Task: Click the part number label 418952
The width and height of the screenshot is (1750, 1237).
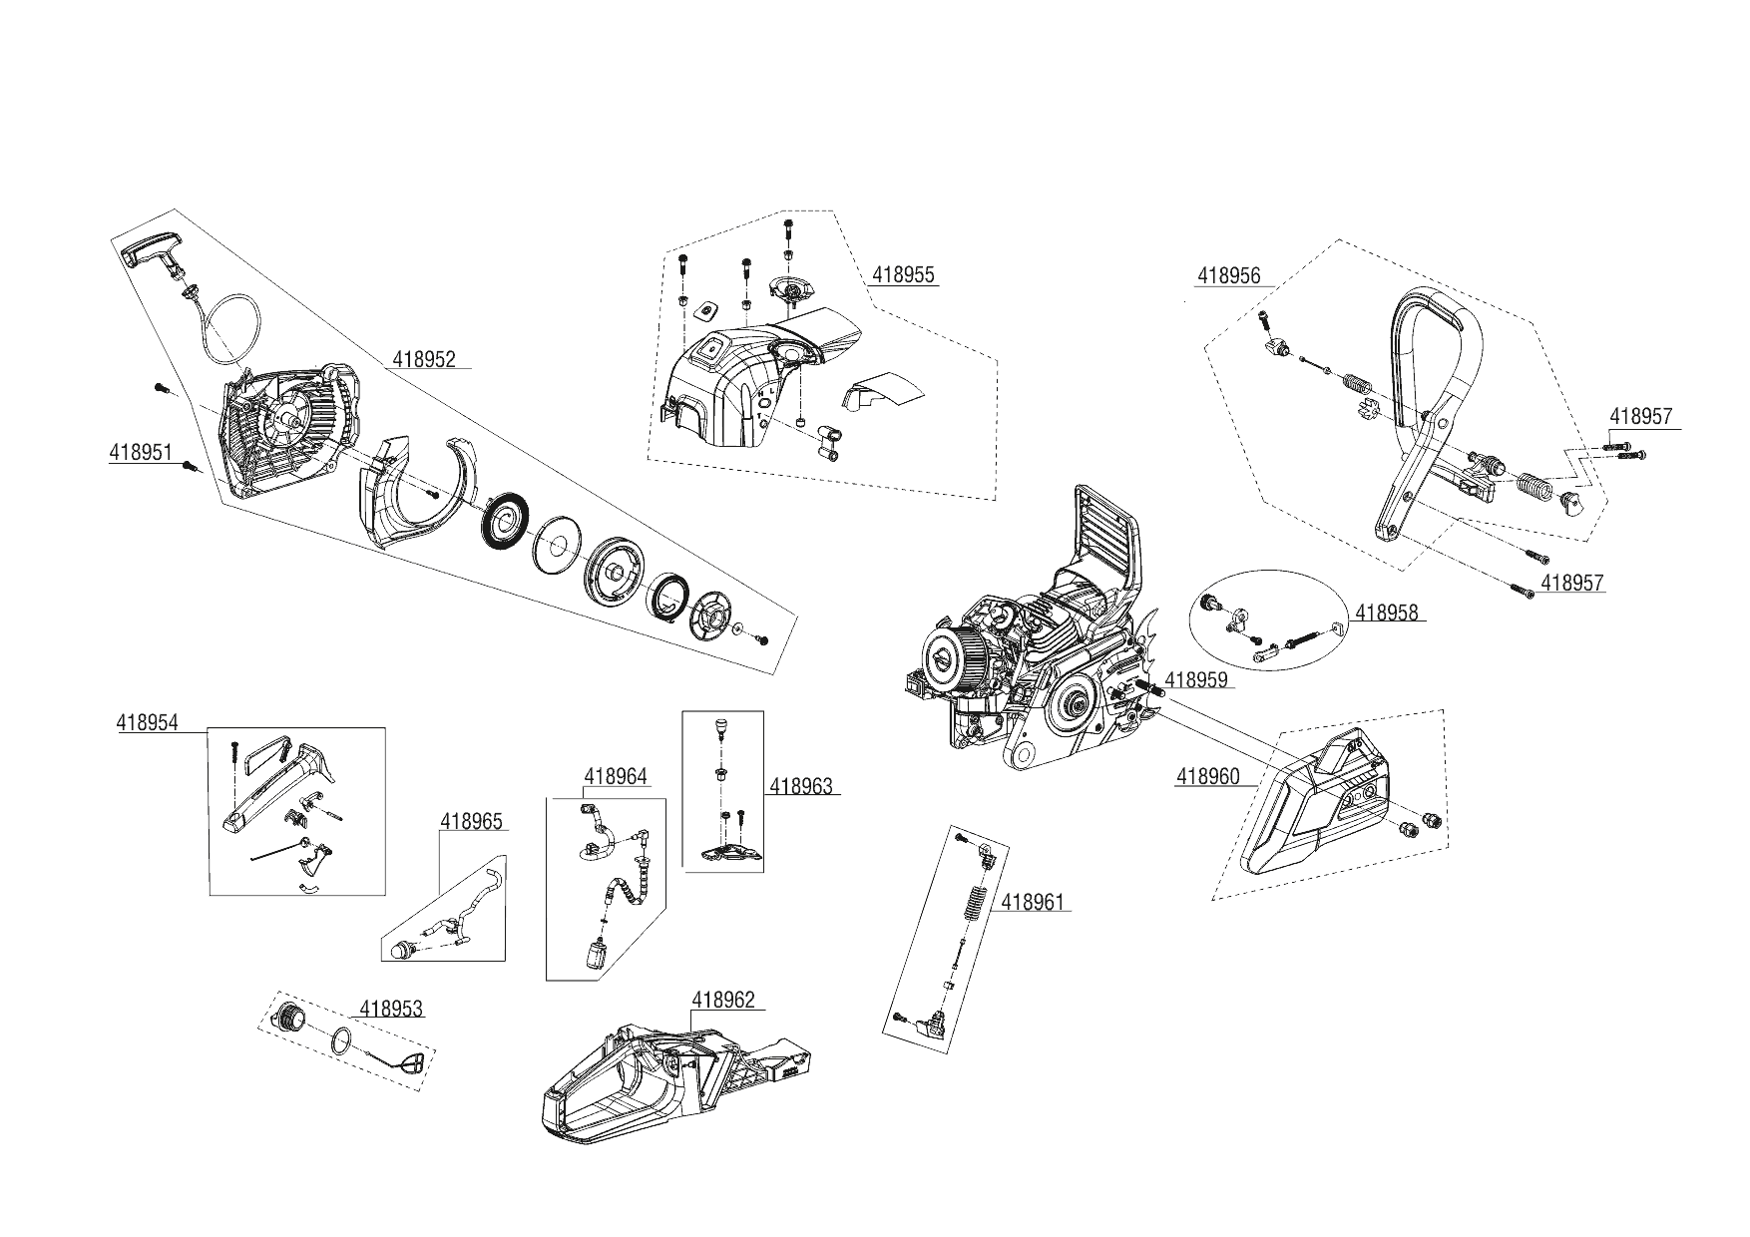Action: (x=424, y=359)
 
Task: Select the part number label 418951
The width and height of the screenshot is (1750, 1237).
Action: (x=141, y=452)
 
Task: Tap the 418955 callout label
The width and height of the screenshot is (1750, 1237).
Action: (x=904, y=275)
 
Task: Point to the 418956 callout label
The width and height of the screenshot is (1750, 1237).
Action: (x=1229, y=276)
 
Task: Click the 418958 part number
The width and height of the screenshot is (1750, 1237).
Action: (x=1386, y=613)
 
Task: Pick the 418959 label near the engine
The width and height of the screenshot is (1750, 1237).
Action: (x=1196, y=680)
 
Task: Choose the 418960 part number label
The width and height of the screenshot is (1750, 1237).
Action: (x=1208, y=776)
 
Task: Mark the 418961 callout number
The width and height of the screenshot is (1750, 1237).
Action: (x=1033, y=902)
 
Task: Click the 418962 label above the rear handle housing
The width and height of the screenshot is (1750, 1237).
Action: (x=723, y=1000)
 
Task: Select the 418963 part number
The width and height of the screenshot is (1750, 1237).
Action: (x=801, y=786)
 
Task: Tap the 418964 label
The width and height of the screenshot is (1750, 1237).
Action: (x=616, y=776)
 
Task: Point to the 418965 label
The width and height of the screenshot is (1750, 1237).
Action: (x=472, y=822)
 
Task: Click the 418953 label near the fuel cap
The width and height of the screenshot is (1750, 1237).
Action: (x=391, y=1009)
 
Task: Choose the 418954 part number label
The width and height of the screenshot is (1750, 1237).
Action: (x=148, y=723)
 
